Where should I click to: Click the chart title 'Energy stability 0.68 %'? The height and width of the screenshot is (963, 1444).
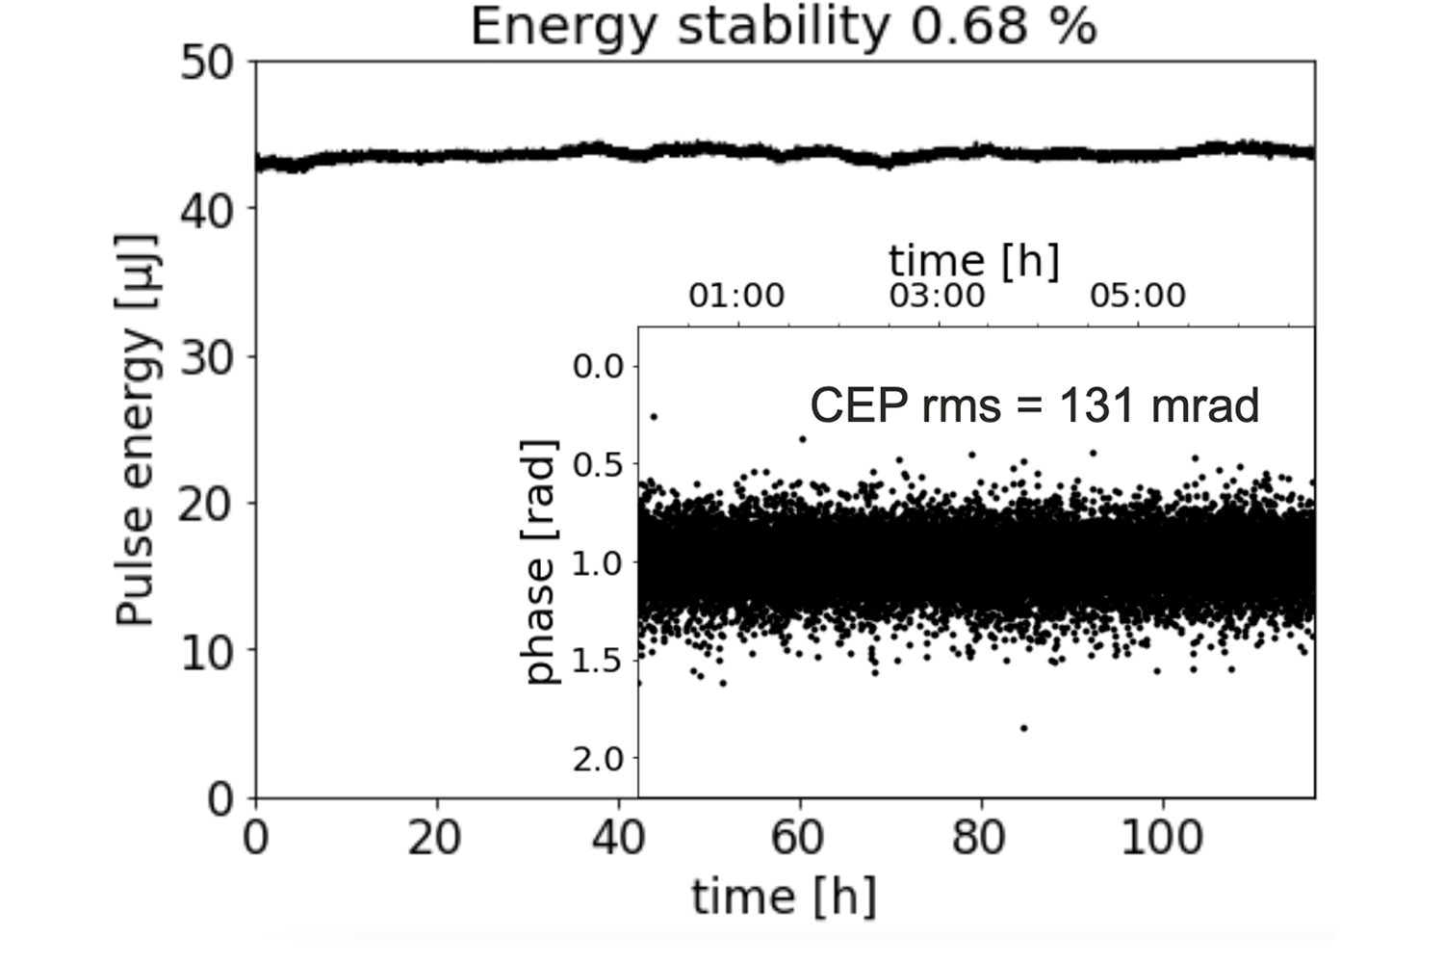click(783, 26)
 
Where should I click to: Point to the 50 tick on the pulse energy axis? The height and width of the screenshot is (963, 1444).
click(207, 64)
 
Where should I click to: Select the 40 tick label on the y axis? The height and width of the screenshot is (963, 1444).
click(207, 210)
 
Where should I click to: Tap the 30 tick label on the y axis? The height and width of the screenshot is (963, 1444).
click(207, 357)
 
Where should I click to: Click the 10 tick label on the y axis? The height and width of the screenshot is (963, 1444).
click(207, 652)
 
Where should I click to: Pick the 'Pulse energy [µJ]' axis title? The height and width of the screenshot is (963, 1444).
click(136, 429)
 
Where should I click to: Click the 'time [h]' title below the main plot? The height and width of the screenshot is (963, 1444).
click(784, 897)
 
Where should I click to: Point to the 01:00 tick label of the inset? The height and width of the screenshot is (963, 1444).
click(736, 296)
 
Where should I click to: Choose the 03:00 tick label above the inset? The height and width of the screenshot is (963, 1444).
click(937, 296)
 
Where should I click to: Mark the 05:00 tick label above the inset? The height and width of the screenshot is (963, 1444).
click(1137, 296)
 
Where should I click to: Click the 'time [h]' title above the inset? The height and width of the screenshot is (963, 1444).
click(973, 261)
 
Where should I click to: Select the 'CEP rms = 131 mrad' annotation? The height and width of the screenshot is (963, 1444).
click(1034, 405)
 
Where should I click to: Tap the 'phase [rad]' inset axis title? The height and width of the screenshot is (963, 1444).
click(542, 562)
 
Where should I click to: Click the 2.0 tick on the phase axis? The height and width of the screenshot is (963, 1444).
click(598, 760)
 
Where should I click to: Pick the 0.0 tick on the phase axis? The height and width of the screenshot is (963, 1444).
click(598, 366)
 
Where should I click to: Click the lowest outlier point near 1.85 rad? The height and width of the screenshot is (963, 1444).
click(1023, 728)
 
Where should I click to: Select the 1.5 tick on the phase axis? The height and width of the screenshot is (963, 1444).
click(598, 661)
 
